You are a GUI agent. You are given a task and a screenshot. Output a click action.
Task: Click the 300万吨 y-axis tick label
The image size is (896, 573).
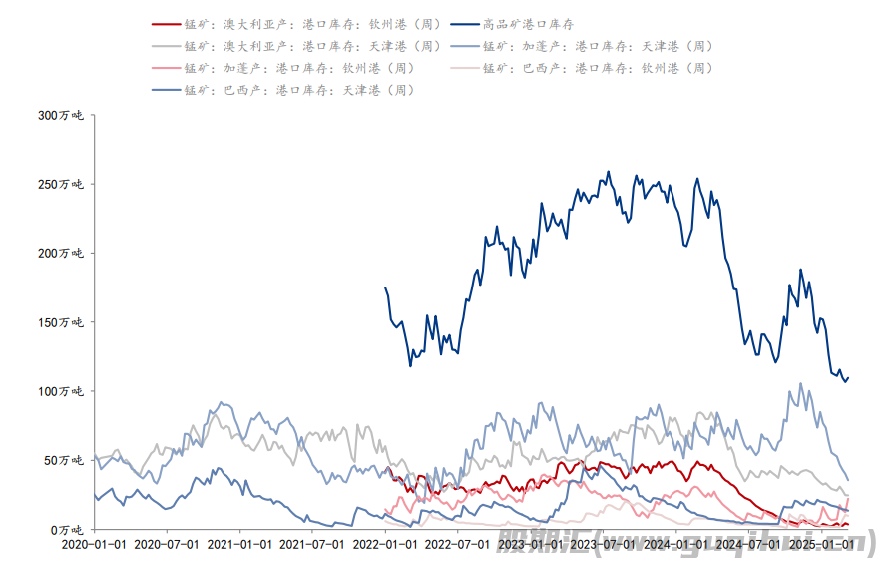click(x=63, y=116)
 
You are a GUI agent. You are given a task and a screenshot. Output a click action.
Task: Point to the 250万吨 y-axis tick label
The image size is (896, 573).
click(x=63, y=185)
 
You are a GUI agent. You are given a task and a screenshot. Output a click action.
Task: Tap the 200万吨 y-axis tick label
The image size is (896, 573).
click(x=63, y=254)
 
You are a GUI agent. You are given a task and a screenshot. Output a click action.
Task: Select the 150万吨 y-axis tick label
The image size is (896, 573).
click(x=63, y=322)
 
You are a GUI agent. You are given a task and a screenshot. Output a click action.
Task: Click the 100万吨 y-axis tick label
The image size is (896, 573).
click(x=63, y=391)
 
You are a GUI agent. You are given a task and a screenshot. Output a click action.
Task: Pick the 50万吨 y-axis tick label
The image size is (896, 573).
click(x=66, y=460)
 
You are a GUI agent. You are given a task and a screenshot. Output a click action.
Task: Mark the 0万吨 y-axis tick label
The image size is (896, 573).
click(x=69, y=529)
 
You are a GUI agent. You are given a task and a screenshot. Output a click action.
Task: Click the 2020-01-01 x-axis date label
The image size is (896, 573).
click(x=94, y=545)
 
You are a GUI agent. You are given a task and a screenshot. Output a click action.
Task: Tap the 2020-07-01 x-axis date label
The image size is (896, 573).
click(x=167, y=545)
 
